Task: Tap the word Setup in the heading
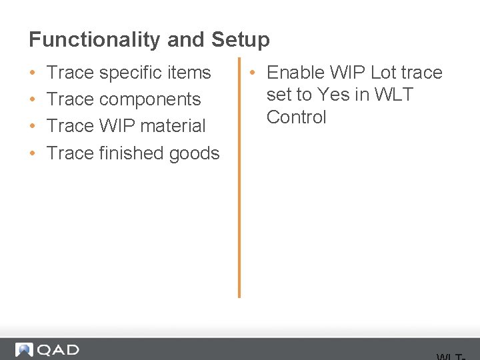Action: pyautogui.click(x=241, y=40)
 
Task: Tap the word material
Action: pyautogui.click(x=173, y=126)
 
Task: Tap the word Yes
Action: pyautogui.click(x=334, y=95)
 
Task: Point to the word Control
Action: pyautogui.click(x=297, y=117)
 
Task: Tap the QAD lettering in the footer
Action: pyautogui.click(x=58, y=350)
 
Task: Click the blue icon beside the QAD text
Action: pyautogui.click(x=24, y=350)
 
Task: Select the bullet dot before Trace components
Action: pyautogui.click(x=33, y=100)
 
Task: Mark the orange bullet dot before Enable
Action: pyautogui.click(x=254, y=73)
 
